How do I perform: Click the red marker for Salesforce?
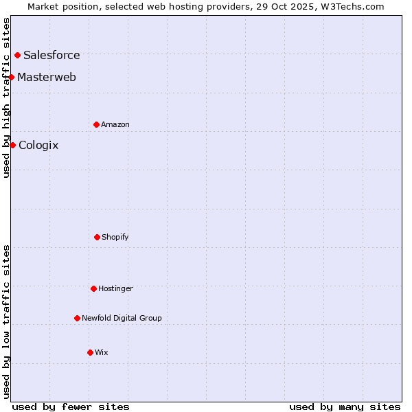point(17,55)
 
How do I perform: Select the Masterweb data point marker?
point(12,77)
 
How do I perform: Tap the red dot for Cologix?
point(12,145)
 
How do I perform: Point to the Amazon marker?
point(96,124)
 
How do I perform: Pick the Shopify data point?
point(97,237)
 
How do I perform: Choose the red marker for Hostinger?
point(93,288)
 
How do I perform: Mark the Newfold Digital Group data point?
point(77,318)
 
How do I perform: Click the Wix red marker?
point(90,352)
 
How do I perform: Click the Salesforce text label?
point(51,55)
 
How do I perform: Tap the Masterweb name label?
point(47,77)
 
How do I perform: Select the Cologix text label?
point(38,145)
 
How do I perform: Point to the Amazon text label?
point(115,124)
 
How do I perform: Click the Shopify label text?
point(115,237)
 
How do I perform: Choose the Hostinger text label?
point(115,288)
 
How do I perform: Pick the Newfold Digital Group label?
point(122,318)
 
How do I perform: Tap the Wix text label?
point(102,352)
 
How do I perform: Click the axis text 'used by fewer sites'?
point(71,407)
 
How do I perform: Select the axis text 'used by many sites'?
point(345,407)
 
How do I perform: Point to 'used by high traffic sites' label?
point(6,98)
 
